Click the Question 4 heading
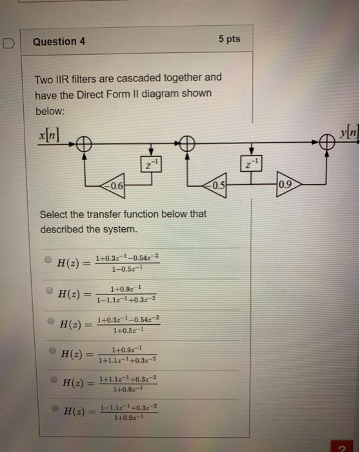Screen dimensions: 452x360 (59, 42)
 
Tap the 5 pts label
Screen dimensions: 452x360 (229, 39)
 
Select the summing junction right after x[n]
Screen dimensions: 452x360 (83, 145)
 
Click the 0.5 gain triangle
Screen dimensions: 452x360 (219, 187)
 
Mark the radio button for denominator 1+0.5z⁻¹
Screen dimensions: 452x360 (50, 320)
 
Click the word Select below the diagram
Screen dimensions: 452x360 (54, 215)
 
